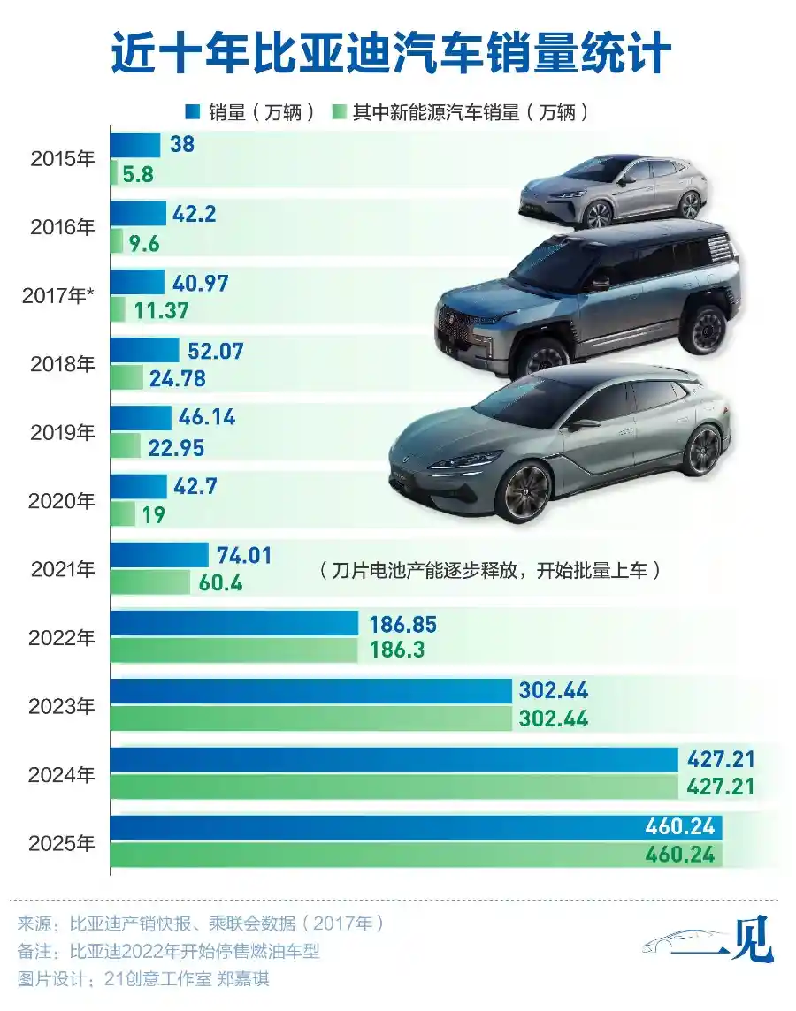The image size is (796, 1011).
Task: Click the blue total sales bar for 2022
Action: click(233, 623)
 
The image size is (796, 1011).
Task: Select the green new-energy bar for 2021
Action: click(149, 583)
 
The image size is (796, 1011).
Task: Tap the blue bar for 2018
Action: click(144, 351)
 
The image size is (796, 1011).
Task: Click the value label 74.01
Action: click(244, 556)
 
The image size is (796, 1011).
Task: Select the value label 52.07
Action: click(215, 351)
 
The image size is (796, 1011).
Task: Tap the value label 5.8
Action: click(138, 174)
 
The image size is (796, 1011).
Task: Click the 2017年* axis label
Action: click(58, 296)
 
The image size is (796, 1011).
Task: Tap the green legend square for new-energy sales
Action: click(338, 112)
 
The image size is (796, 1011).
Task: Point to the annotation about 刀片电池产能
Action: click(491, 571)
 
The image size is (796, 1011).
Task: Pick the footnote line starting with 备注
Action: click(168, 952)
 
